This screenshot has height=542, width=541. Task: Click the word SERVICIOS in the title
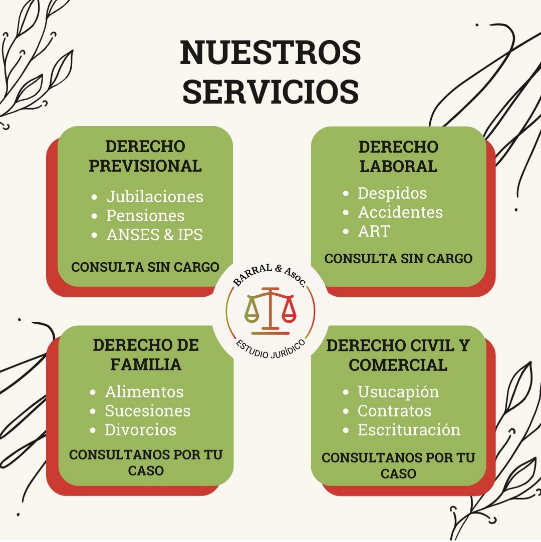coord(270,91)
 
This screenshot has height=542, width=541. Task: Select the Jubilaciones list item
coord(155,197)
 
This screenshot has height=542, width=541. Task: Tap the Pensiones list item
coord(145,216)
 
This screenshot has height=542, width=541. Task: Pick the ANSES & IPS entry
coord(155,235)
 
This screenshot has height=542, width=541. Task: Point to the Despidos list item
coord(392,193)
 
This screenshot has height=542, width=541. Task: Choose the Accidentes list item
coord(400,212)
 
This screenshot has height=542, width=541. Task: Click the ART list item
coord(374,231)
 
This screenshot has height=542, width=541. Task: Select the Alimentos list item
coord(144,392)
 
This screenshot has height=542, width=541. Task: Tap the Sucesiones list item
coord(148,411)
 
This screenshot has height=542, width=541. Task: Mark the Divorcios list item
coord(140,430)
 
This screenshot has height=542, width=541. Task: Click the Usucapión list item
coord(398,392)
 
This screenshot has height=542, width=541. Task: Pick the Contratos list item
coord(394,411)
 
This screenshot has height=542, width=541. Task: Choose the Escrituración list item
coord(409,430)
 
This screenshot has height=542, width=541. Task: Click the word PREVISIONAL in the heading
coord(145,166)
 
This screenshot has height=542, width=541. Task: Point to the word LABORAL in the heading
coord(398,166)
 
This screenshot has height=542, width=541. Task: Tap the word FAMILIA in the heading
coord(146,365)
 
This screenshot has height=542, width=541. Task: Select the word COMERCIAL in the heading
coord(398,365)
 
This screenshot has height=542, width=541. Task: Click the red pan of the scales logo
coord(289,315)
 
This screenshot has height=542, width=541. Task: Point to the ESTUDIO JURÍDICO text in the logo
coord(271,350)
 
